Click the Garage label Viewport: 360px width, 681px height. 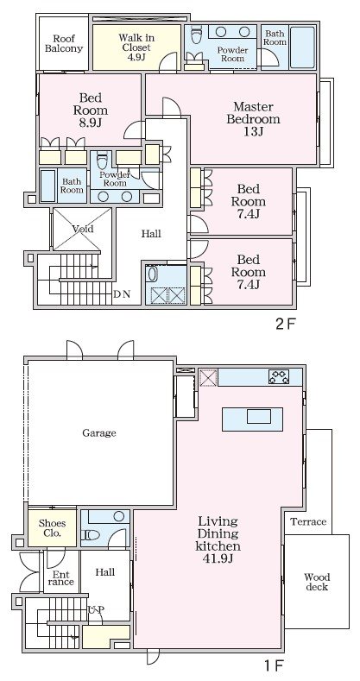tap(99, 433)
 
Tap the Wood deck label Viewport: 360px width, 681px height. tap(317, 582)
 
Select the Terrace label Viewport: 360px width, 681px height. tap(308, 521)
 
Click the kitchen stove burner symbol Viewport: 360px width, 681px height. tap(279, 376)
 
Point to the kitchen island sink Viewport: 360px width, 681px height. tap(259, 416)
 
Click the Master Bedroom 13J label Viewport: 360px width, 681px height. tap(253, 118)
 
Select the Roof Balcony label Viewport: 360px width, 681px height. tap(64, 43)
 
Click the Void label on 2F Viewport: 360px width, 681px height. tap(83, 229)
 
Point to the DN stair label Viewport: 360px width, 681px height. tap(122, 294)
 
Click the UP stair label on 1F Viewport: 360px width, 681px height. tap(96, 609)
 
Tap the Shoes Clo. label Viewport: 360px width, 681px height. tap(52, 527)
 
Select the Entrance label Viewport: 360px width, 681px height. tap(60, 577)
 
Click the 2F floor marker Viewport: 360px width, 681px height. tap(286, 324)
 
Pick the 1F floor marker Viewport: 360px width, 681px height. tap(274, 665)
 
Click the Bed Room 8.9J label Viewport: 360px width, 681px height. tap(91, 110)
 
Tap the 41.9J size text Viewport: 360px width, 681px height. tap(218, 558)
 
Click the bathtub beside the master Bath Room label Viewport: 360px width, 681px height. tap(302, 47)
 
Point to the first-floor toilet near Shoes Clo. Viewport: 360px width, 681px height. tap(91, 535)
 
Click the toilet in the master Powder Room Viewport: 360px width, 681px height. tap(196, 35)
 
